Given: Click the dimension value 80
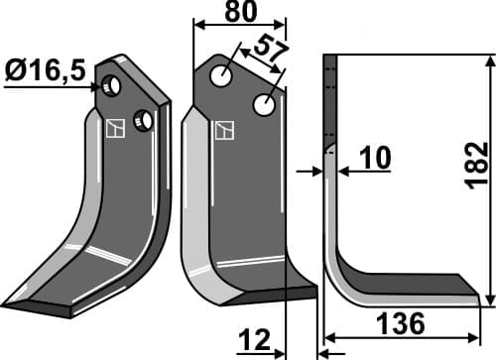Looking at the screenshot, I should coord(239,12).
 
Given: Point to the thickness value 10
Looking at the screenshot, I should coord(375,158).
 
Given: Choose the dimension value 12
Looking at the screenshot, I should coord(253,342).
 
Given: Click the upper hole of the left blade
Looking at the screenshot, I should coord(111,87).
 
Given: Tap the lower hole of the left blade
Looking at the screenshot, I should coord(143,121).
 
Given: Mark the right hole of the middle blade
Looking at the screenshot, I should coord(265,104).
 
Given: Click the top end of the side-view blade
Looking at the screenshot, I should coord(331,58).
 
